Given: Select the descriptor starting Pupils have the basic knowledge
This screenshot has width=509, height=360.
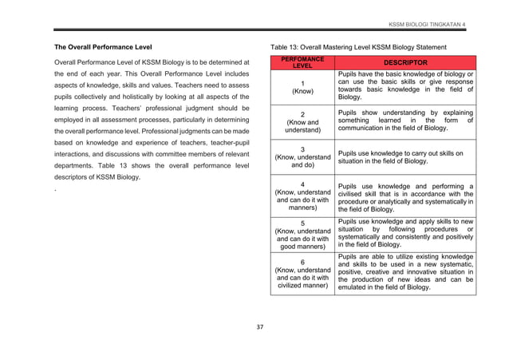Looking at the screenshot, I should coord(405,86).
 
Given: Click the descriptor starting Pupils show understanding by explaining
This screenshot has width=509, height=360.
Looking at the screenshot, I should coord(405,120).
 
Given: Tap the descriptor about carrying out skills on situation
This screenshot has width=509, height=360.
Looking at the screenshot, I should coord(405,156).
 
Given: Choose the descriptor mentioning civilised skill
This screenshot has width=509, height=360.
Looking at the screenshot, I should coord(405,196).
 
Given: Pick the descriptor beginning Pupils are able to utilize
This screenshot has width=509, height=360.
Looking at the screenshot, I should coord(405,273).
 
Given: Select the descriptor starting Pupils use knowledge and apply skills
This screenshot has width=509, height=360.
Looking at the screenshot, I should coord(405,234).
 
